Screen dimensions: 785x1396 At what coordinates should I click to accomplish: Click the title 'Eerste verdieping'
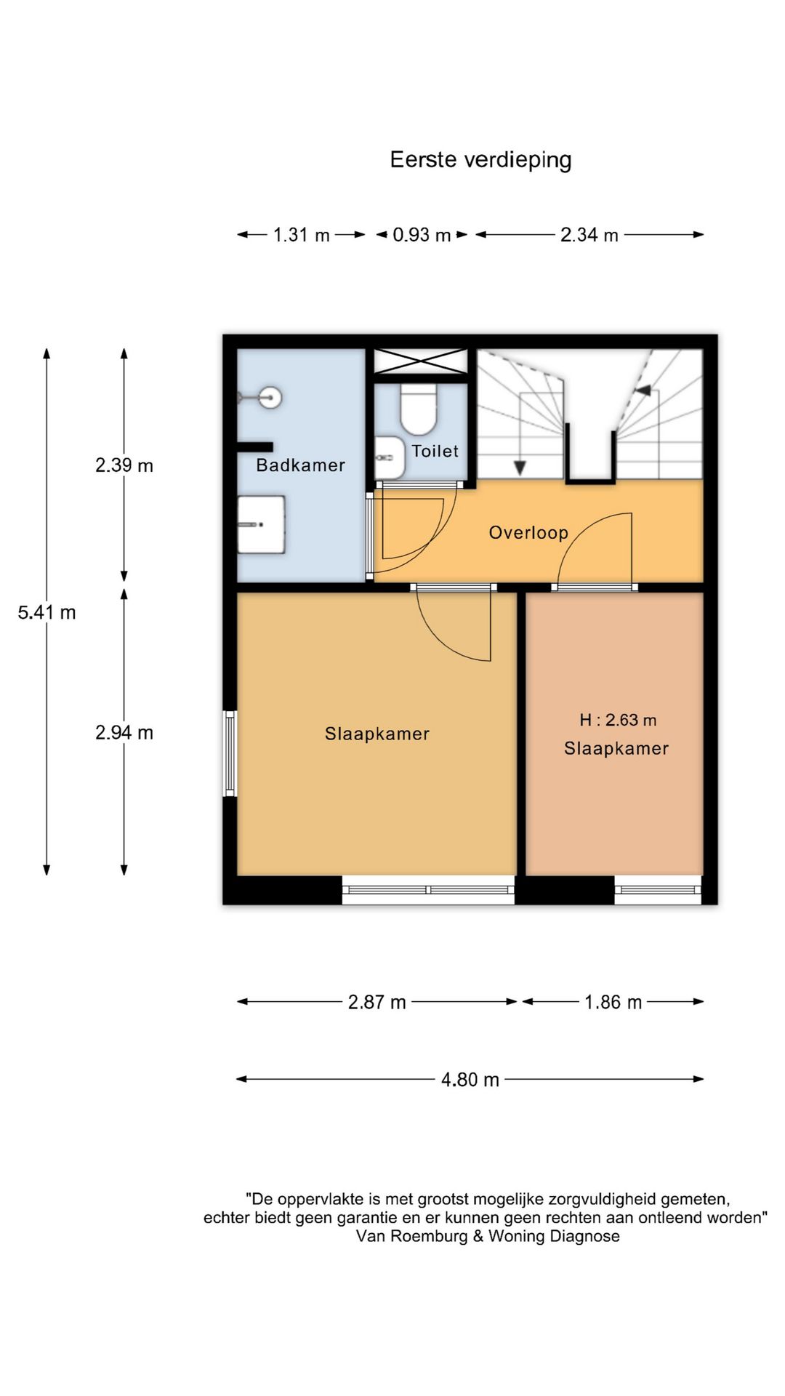tap(480, 160)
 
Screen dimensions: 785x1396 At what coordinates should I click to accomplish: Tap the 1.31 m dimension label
tap(302, 235)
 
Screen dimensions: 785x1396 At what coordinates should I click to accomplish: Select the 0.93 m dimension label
tap(422, 235)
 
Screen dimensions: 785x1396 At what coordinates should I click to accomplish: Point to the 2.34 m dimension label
tap(589, 235)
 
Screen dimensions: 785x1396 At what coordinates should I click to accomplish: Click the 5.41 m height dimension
tap(47, 612)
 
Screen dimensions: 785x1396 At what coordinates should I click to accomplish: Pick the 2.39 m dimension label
tap(124, 465)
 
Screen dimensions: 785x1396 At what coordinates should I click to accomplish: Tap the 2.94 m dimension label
tap(124, 732)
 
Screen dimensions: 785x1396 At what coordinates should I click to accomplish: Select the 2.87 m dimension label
tap(377, 1002)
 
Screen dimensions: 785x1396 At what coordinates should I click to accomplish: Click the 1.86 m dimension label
tap(613, 1002)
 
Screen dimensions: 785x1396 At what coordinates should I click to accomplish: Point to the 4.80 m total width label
tap(470, 1080)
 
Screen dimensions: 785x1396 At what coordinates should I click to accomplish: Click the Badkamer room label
tap(301, 465)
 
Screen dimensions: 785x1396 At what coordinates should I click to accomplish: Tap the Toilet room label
tap(435, 451)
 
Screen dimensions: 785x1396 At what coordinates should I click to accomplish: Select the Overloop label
tap(528, 533)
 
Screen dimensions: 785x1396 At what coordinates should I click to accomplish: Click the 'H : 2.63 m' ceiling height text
tap(618, 720)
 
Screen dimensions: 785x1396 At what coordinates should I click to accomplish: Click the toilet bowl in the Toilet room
tap(418, 409)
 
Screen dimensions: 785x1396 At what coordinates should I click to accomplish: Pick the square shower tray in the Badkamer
tap(261, 524)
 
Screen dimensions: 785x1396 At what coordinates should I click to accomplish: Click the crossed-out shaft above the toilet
tap(420, 361)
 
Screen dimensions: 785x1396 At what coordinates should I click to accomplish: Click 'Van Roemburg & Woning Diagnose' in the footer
tap(488, 1236)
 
